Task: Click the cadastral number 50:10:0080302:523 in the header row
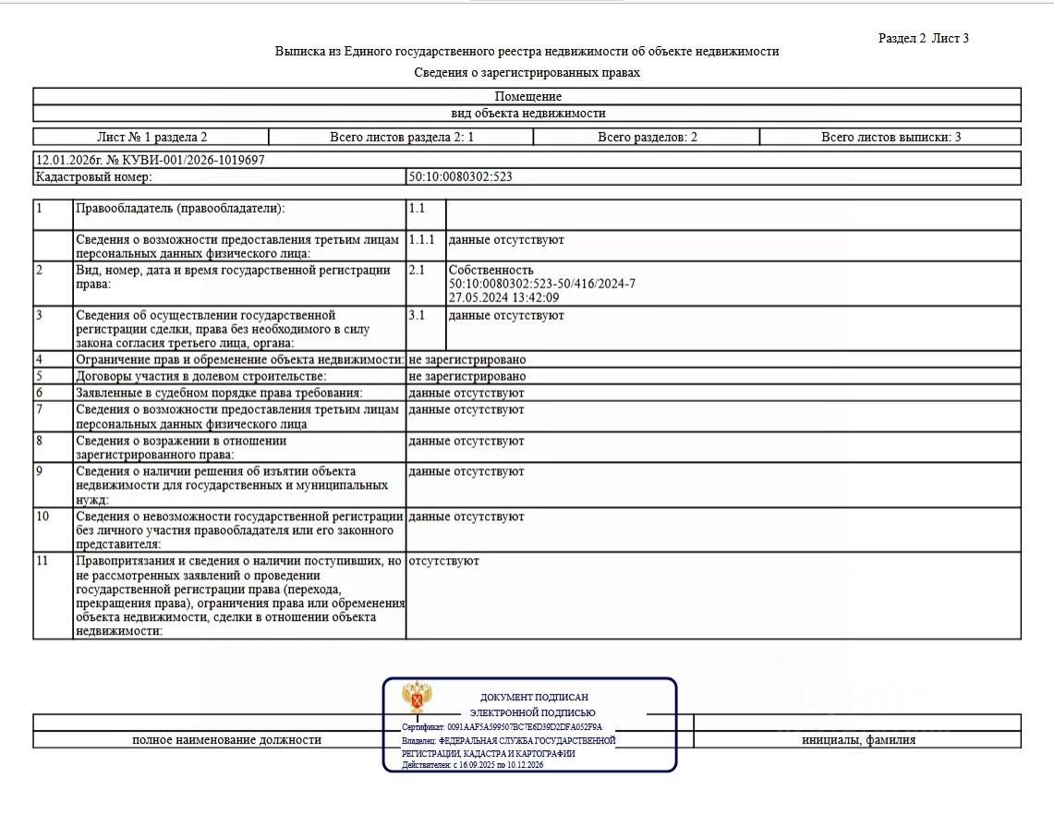click(x=460, y=176)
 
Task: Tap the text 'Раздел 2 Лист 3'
click(x=923, y=38)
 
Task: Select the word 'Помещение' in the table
click(x=527, y=96)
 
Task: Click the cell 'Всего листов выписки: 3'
click(x=890, y=137)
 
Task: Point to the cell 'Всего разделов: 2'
click(x=647, y=137)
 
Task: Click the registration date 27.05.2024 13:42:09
click(x=504, y=298)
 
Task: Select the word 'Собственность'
click(x=491, y=270)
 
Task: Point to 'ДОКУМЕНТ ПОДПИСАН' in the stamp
click(x=534, y=697)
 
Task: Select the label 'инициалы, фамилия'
click(x=859, y=740)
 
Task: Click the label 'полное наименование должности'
click(x=226, y=740)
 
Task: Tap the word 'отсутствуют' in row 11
click(x=443, y=561)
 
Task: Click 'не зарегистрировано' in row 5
click(x=466, y=376)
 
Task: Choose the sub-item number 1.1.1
click(x=421, y=239)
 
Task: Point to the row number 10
click(x=42, y=516)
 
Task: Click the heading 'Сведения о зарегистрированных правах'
click(x=527, y=72)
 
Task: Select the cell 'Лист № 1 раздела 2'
click(x=151, y=137)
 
